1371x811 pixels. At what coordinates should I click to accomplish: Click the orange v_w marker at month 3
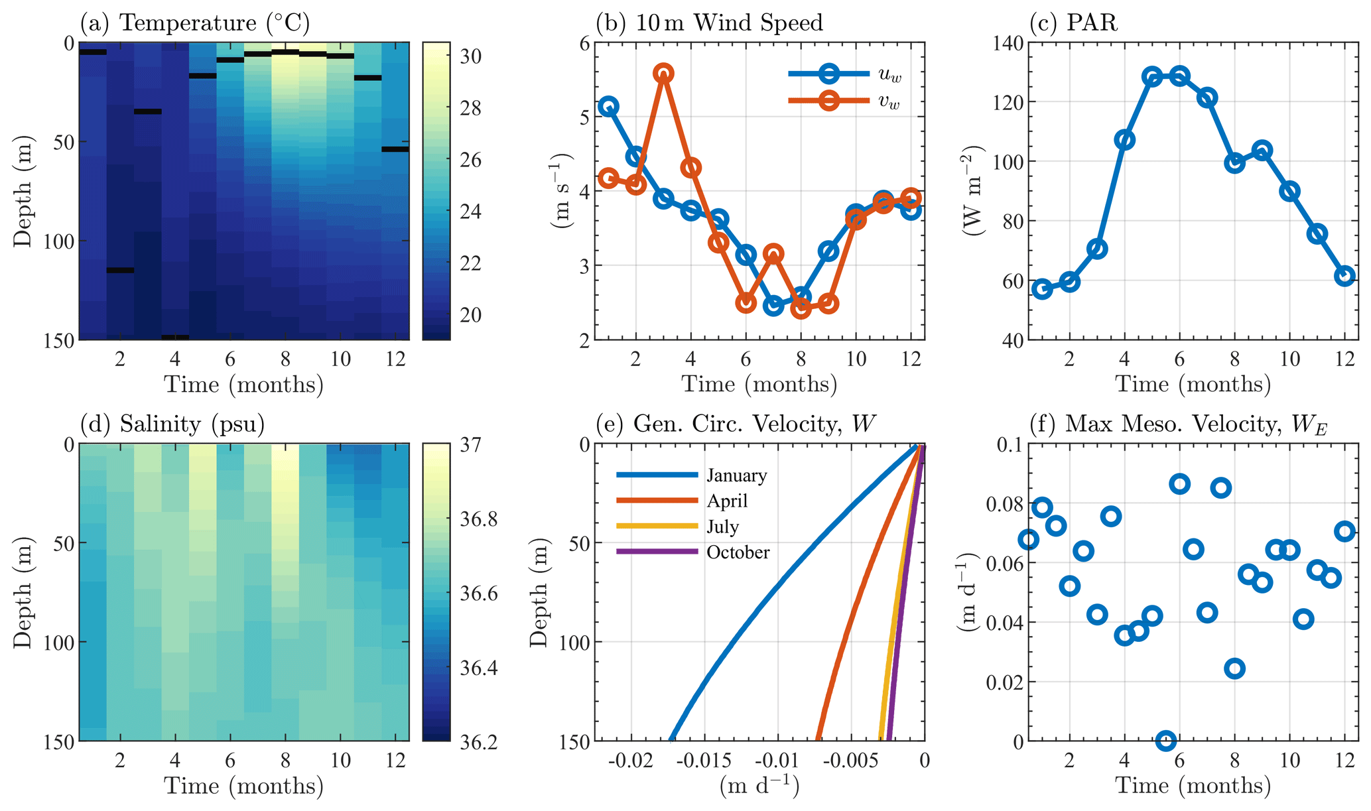663,74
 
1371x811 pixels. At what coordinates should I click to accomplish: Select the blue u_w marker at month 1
608,106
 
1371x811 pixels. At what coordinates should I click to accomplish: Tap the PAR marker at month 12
1344,276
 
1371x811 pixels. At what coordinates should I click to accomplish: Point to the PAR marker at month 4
1124,140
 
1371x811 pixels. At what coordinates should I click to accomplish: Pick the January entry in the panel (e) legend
736,475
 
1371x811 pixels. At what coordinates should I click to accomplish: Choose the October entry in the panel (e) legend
738,552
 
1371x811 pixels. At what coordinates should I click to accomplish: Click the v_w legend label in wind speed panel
889,102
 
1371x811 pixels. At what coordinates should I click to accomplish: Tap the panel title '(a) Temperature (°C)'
195,23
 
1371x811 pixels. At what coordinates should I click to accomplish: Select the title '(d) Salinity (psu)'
172,424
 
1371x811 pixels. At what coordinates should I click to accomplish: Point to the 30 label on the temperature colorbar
471,57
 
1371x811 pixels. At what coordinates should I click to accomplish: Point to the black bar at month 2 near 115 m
120,270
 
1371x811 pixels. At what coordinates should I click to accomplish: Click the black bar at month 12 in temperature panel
395,149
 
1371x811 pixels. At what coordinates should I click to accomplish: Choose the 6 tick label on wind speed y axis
584,44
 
